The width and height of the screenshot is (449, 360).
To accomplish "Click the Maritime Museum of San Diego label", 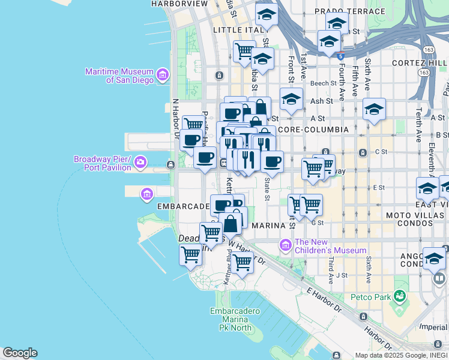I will [119, 76].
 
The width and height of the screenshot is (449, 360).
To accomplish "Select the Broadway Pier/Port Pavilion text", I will [102, 163].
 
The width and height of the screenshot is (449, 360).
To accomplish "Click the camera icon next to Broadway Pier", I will [140, 162].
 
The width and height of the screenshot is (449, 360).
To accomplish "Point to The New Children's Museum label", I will [330, 246].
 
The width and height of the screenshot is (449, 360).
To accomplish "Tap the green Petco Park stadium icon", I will [397, 296].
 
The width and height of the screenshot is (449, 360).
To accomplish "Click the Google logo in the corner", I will [20, 353].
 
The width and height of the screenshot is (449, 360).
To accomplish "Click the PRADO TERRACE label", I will [349, 11].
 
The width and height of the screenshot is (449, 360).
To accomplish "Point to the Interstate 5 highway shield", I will [340, 56].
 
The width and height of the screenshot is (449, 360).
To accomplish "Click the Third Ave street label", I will [331, 266].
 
